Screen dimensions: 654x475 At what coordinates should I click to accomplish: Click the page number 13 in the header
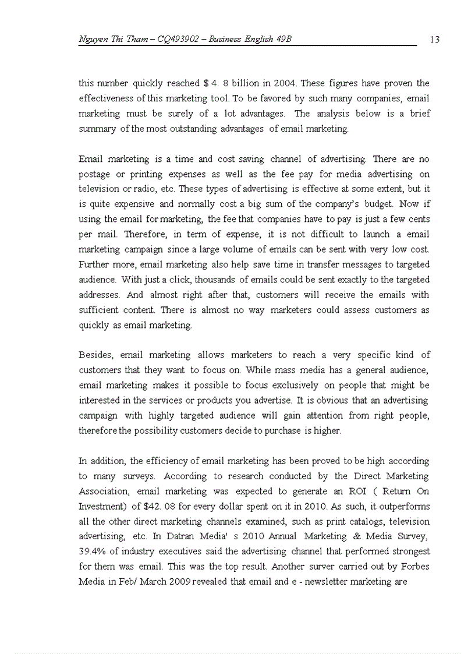434,40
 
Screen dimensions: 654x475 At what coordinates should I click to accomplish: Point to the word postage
95,174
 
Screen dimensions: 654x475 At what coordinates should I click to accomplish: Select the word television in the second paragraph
99,189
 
